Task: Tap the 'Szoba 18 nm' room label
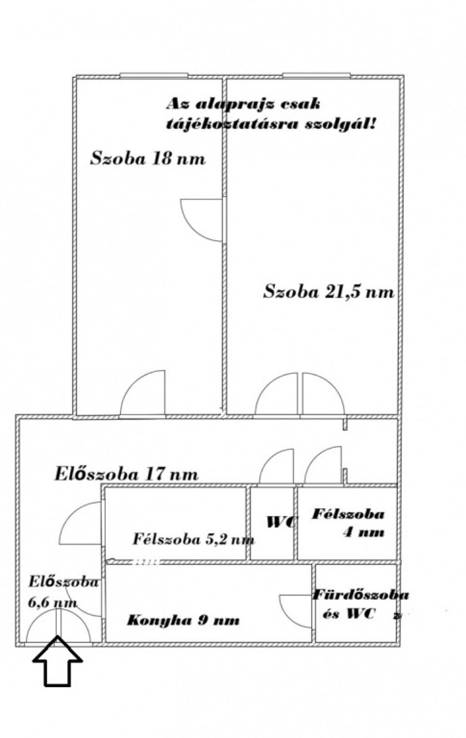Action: tap(148, 158)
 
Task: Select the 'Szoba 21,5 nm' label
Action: tap(329, 292)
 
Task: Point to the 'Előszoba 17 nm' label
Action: tap(126, 475)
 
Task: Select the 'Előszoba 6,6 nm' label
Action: tap(63, 592)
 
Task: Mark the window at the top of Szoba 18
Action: tap(154, 76)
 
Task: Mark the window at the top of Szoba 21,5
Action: tap(317, 76)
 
